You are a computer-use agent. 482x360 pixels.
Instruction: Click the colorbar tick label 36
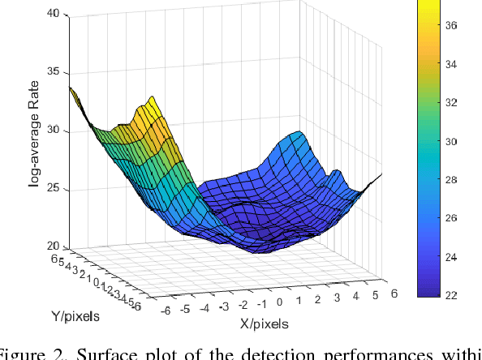click(x=453, y=26)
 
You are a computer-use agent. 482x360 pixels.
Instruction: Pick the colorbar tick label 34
click(x=453, y=64)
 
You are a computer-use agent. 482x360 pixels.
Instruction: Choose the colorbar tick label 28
click(x=453, y=180)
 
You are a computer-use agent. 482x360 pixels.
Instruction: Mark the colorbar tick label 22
click(x=453, y=295)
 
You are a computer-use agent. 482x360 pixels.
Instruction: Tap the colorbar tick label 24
click(x=453, y=257)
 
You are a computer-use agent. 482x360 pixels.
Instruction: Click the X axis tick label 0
click(x=280, y=302)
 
